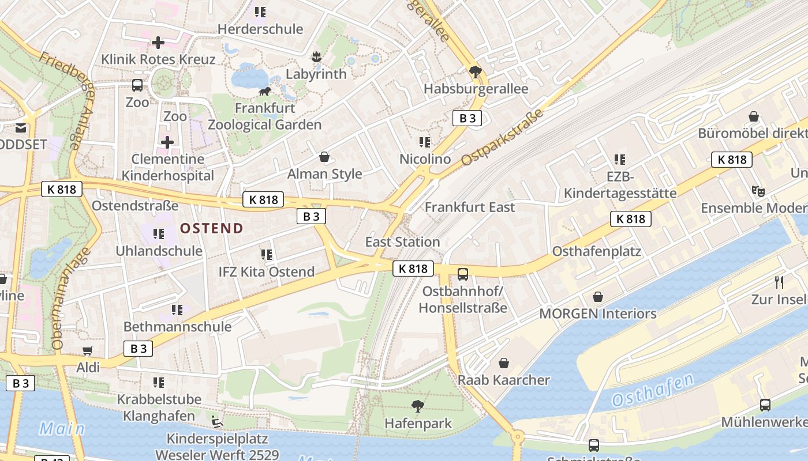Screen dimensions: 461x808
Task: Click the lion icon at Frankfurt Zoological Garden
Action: point(265,91)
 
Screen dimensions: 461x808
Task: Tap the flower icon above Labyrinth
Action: point(316,57)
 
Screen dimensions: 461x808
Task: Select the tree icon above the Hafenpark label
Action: point(418,406)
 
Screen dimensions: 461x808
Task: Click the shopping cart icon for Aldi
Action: point(88,351)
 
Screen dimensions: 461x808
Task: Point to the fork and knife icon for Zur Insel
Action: point(779,282)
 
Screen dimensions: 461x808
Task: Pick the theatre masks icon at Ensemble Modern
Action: point(758,191)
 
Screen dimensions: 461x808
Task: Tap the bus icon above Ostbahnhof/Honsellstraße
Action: point(463,274)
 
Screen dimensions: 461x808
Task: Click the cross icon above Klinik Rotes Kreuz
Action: point(158,42)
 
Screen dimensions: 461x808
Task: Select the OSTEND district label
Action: point(212,228)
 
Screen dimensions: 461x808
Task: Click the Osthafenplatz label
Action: point(597,251)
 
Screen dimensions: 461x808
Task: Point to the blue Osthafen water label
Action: point(652,390)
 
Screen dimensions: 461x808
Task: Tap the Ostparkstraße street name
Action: point(503,138)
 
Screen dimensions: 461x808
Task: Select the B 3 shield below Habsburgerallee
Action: point(467,119)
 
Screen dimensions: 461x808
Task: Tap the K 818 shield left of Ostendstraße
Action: point(62,188)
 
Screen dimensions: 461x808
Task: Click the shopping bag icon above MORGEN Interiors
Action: point(598,297)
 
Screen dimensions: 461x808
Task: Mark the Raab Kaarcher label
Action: point(504,380)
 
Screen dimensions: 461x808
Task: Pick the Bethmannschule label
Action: point(177,327)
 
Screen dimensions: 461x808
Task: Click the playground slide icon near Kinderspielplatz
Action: point(216,422)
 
